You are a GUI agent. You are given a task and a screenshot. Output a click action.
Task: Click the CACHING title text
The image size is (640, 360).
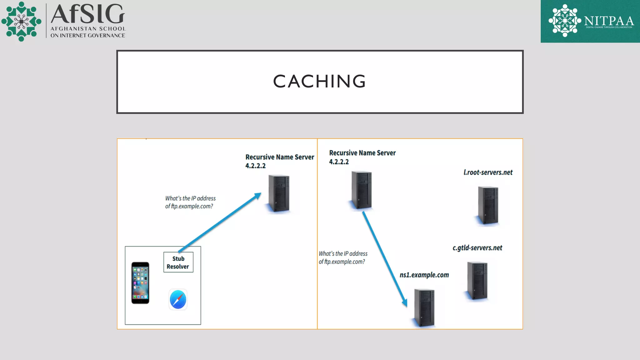[319, 82]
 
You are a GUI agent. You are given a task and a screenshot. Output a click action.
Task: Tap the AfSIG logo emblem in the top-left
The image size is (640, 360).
[21, 21]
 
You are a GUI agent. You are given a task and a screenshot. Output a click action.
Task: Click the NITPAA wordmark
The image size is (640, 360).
[609, 21]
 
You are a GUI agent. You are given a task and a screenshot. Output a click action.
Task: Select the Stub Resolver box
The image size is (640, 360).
[178, 262]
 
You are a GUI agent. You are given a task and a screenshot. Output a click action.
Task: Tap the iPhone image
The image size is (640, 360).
[140, 283]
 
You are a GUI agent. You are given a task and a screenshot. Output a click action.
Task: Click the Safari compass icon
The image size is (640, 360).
[178, 299]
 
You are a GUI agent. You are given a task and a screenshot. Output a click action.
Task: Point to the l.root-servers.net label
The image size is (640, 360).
[488, 172]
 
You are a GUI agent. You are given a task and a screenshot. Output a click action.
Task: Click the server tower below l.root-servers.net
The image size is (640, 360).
[488, 205]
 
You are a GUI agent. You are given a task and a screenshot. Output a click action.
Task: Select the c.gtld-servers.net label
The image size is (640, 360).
[477, 248]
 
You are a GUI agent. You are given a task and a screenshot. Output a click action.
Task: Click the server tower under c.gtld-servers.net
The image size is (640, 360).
[477, 281]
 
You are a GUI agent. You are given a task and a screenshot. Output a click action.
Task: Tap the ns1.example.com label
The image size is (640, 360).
[424, 275]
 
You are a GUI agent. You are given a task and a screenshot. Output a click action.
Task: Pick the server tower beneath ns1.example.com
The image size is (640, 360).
[424, 308]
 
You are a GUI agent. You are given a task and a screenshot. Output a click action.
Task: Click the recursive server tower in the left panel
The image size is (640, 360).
[279, 193]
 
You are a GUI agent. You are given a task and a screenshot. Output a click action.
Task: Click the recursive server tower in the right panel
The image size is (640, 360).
[362, 190]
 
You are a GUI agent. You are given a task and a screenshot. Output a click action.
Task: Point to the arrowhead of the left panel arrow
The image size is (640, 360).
[258, 196]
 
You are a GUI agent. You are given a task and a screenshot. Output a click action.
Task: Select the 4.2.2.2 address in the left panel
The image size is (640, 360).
[255, 166]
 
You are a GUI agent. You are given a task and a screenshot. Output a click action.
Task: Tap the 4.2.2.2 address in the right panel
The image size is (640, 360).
[339, 162]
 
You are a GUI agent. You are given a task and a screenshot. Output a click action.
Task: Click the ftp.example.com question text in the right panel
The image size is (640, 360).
[342, 258]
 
